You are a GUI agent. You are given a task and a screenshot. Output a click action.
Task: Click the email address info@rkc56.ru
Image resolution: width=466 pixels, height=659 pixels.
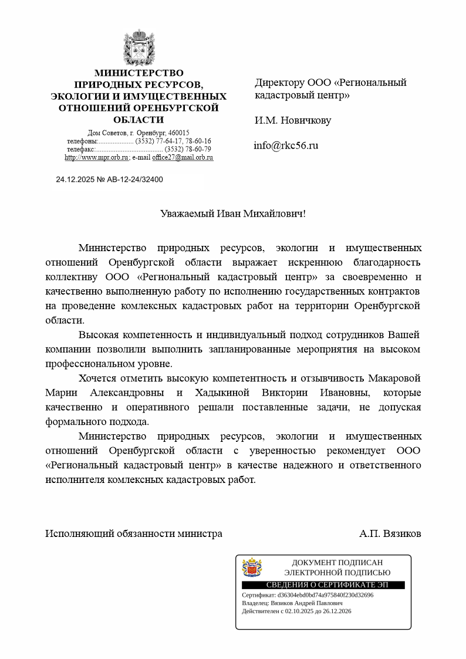tap(286, 146)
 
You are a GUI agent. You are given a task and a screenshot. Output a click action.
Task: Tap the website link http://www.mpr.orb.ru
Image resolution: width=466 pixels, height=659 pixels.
tap(96, 157)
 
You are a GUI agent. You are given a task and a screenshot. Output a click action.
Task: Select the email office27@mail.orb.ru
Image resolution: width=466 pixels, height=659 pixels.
tap(183, 157)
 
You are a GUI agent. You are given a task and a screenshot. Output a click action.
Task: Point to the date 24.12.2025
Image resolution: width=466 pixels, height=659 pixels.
tap(75, 180)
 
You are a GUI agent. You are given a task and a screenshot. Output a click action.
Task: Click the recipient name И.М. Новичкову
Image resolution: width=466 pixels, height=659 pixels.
tap(292, 120)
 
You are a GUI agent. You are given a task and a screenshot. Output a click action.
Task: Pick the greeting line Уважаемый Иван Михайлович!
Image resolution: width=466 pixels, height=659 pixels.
tap(233, 214)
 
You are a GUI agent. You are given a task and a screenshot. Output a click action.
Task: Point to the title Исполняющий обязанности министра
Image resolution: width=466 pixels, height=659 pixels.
tap(134, 534)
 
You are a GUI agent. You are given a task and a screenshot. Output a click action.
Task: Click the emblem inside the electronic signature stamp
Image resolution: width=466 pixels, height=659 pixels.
tap(252, 567)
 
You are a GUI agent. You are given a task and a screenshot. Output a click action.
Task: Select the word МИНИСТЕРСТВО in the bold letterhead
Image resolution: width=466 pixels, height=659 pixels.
tap(139, 73)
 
